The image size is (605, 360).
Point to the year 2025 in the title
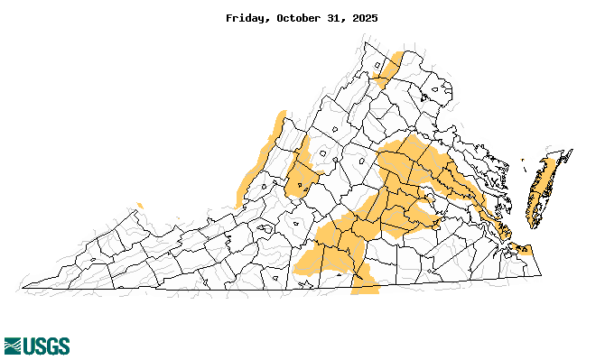pos(363,18)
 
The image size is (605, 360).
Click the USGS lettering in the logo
pos(46,346)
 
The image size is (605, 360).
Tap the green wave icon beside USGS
pos(13,346)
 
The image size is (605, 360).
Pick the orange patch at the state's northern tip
pos(389,69)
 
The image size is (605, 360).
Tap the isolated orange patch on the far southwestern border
pos(138,206)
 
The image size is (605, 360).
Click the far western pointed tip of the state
pos(21,290)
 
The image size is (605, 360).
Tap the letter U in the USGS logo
pos(29,346)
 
